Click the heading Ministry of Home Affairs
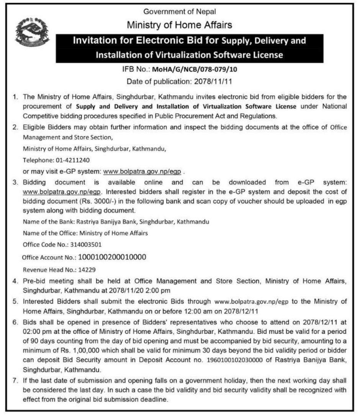[180, 25]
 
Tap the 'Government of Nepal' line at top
[180, 12]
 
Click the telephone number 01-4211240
[67, 160]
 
